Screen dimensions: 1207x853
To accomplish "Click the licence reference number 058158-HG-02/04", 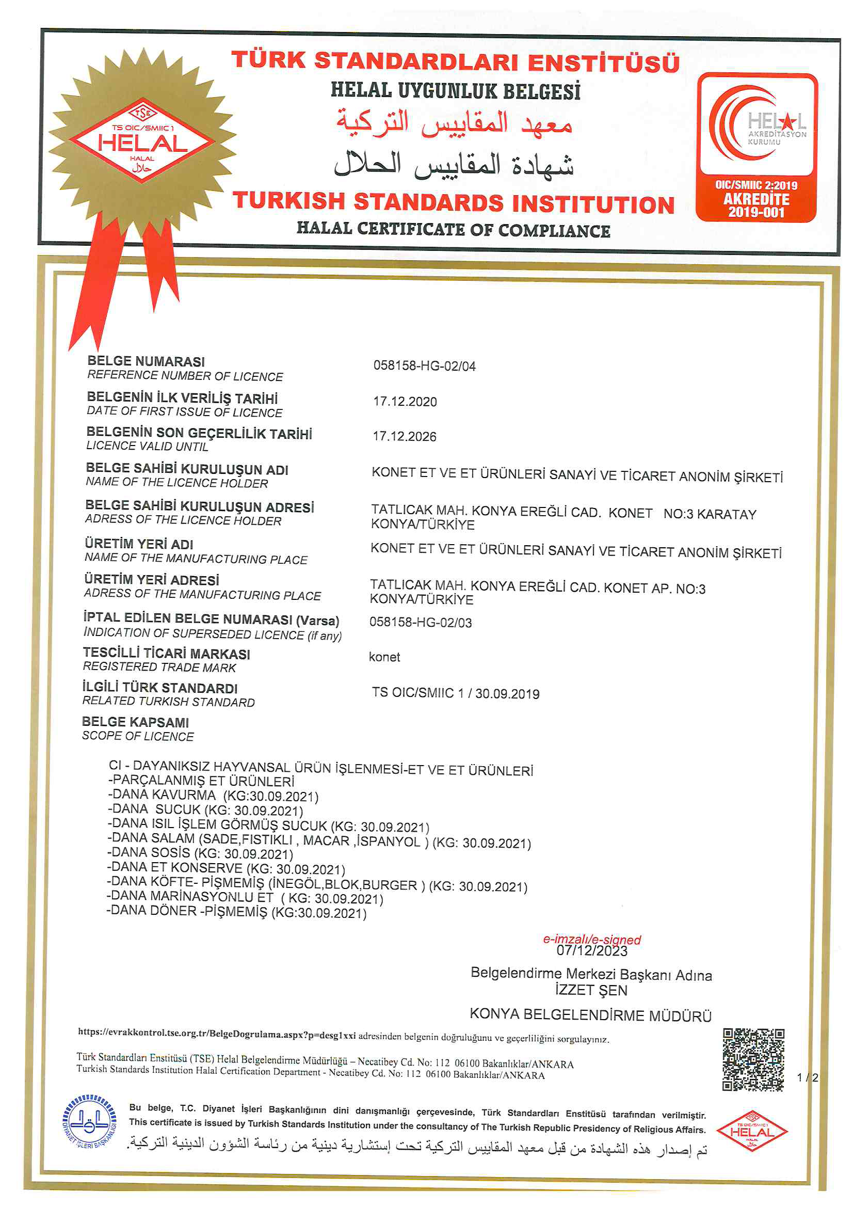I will pyautogui.click(x=424, y=366).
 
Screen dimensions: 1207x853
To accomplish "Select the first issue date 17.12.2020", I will pyautogui.click(x=405, y=402).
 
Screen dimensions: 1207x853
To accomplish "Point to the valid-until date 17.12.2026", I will pyautogui.click(x=404, y=436).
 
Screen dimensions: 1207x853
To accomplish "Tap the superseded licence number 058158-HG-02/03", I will pyautogui.click(x=421, y=623).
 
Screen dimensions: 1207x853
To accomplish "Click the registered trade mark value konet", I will pyautogui.click(x=384, y=657).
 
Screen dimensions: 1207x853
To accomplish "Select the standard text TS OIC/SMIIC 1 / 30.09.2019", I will pyautogui.click(x=455, y=693).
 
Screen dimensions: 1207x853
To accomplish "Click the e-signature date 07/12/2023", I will pyautogui.click(x=591, y=951).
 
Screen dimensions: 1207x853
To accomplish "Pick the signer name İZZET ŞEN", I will pyautogui.click(x=591, y=990).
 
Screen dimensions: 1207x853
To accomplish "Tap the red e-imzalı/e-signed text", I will pyautogui.click(x=591, y=940).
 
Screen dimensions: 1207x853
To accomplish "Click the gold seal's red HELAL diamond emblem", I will pyautogui.click(x=142, y=140).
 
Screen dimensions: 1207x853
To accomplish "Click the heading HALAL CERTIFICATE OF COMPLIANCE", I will pyautogui.click(x=453, y=230).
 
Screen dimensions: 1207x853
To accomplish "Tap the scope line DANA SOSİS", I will pyautogui.click(x=200, y=853).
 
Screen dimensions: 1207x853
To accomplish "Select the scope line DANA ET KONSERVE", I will pyautogui.click(x=226, y=867).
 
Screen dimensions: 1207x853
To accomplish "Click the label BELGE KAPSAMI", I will pyautogui.click(x=135, y=722).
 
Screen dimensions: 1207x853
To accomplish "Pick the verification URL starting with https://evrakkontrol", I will pyautogui.click(x=217, y=1033).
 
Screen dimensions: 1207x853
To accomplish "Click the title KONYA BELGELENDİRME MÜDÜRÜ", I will pyautogui.click(x=590, y=1015).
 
